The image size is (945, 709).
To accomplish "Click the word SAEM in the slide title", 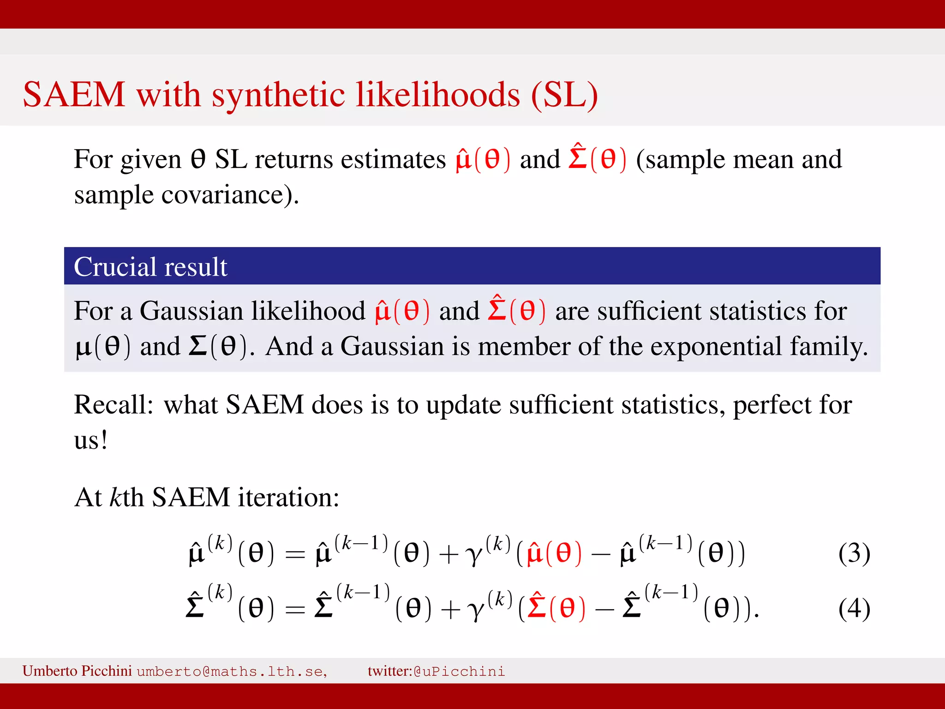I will pos(74,95).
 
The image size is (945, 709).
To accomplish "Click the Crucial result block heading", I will pos(150,267).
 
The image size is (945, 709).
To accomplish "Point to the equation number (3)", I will pos(854,553).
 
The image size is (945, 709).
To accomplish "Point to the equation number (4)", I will pos(854,608).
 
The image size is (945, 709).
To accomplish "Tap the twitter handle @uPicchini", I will pos(459,671).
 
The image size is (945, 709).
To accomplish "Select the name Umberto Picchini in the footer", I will pos(77,671).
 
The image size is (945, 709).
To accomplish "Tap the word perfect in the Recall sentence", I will pos(772,405).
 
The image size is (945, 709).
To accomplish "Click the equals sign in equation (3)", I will pos(295,554).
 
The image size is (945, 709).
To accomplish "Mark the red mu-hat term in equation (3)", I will pos(554,553).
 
